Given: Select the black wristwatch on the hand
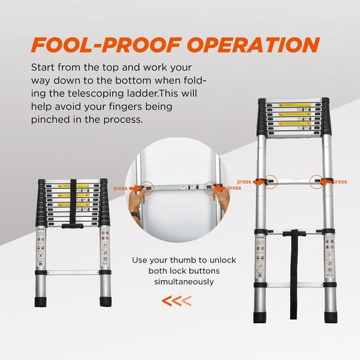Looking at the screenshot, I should point(133,214).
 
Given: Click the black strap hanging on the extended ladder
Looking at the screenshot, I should point(291,269).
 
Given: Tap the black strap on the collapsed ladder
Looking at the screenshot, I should point(73,206).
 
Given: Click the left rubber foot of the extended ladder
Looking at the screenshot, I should point(260,317).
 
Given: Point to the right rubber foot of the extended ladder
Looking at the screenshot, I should point(331,317).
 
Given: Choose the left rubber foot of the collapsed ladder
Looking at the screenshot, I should point(42,301).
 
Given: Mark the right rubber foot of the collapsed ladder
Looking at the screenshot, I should point(105,301).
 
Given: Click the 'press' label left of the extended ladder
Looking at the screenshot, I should point(244,182).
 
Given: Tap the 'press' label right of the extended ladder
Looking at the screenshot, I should point(340,182).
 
